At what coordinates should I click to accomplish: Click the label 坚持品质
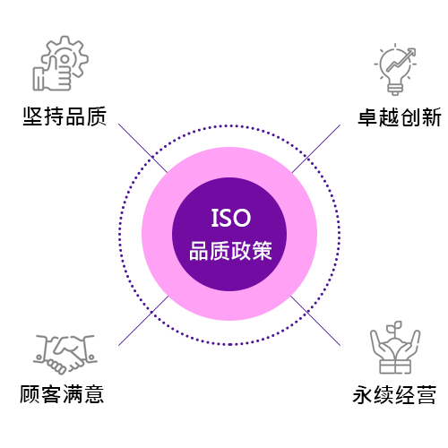pos(65,116)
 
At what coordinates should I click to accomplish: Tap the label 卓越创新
pos(400,117)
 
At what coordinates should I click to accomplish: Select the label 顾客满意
pos(62,394)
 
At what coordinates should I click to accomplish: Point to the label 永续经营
pos(394,394)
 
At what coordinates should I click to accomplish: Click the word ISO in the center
pos(231,218)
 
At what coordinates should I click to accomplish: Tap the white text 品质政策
pos(230,251)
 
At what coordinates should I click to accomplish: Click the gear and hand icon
pos(61,63)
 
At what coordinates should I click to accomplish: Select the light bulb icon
pos(395,70)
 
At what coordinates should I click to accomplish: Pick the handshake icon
pos(65,354)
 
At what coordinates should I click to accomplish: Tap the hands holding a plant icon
pos(395,348)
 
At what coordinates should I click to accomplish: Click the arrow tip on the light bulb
pos(414,50)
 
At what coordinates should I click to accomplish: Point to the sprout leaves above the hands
pos(394,327)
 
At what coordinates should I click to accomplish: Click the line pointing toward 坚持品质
pos(142,148)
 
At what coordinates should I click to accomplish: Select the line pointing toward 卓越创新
pos(316,149)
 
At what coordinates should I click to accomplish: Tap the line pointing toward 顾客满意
pos(143,321)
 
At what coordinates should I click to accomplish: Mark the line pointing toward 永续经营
pos(315,321)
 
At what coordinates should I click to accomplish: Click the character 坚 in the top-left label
pos(33,116)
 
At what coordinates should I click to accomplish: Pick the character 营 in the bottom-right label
pos(426,394)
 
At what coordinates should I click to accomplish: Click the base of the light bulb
pos(395,90)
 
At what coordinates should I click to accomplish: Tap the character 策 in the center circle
pos(263,251)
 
